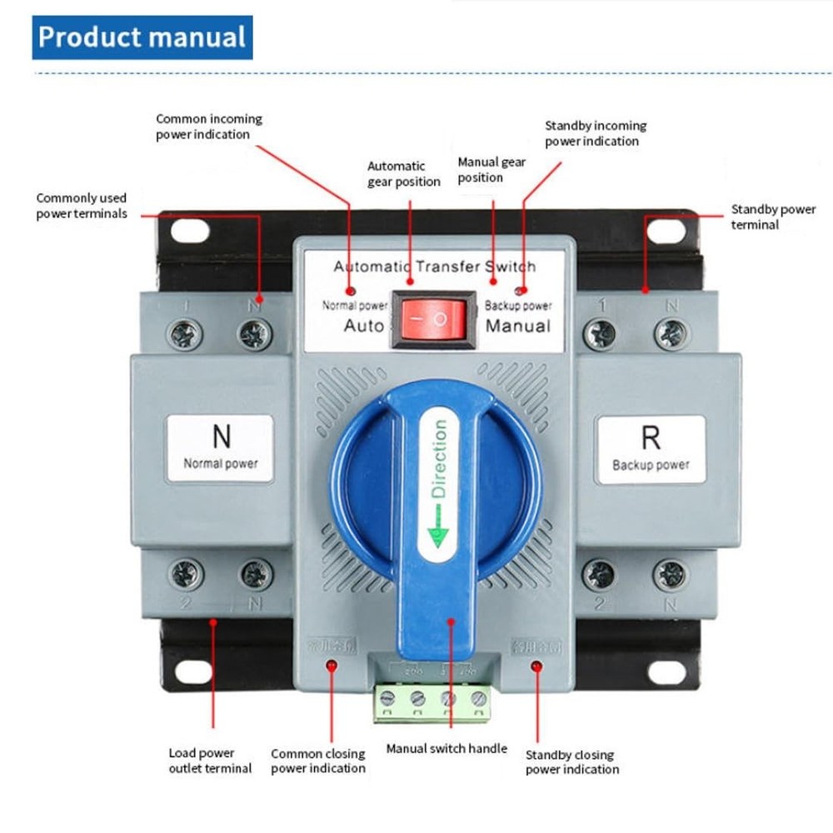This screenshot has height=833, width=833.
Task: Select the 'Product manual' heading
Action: click(142, 37)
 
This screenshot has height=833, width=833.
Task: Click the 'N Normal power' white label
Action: click(221, 448)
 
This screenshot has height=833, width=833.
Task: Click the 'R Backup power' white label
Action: click(651, 449)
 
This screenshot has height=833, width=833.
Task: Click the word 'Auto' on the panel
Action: click(364, 325)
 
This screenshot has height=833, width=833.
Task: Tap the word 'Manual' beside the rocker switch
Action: click(517, 325)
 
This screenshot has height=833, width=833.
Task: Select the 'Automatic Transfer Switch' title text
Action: click(435, 267)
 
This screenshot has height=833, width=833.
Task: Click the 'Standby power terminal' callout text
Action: click(773, 217)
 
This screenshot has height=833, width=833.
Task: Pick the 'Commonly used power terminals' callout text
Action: click(82, 206)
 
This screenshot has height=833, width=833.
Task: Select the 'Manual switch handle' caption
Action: click(446, 748)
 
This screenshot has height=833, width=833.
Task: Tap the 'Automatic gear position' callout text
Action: click(404, 174)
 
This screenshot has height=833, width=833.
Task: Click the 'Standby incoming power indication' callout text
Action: click(595, 133)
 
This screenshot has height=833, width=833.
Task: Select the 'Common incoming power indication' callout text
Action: click(208, 127)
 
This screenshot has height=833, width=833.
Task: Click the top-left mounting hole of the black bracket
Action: click(191, 229)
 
